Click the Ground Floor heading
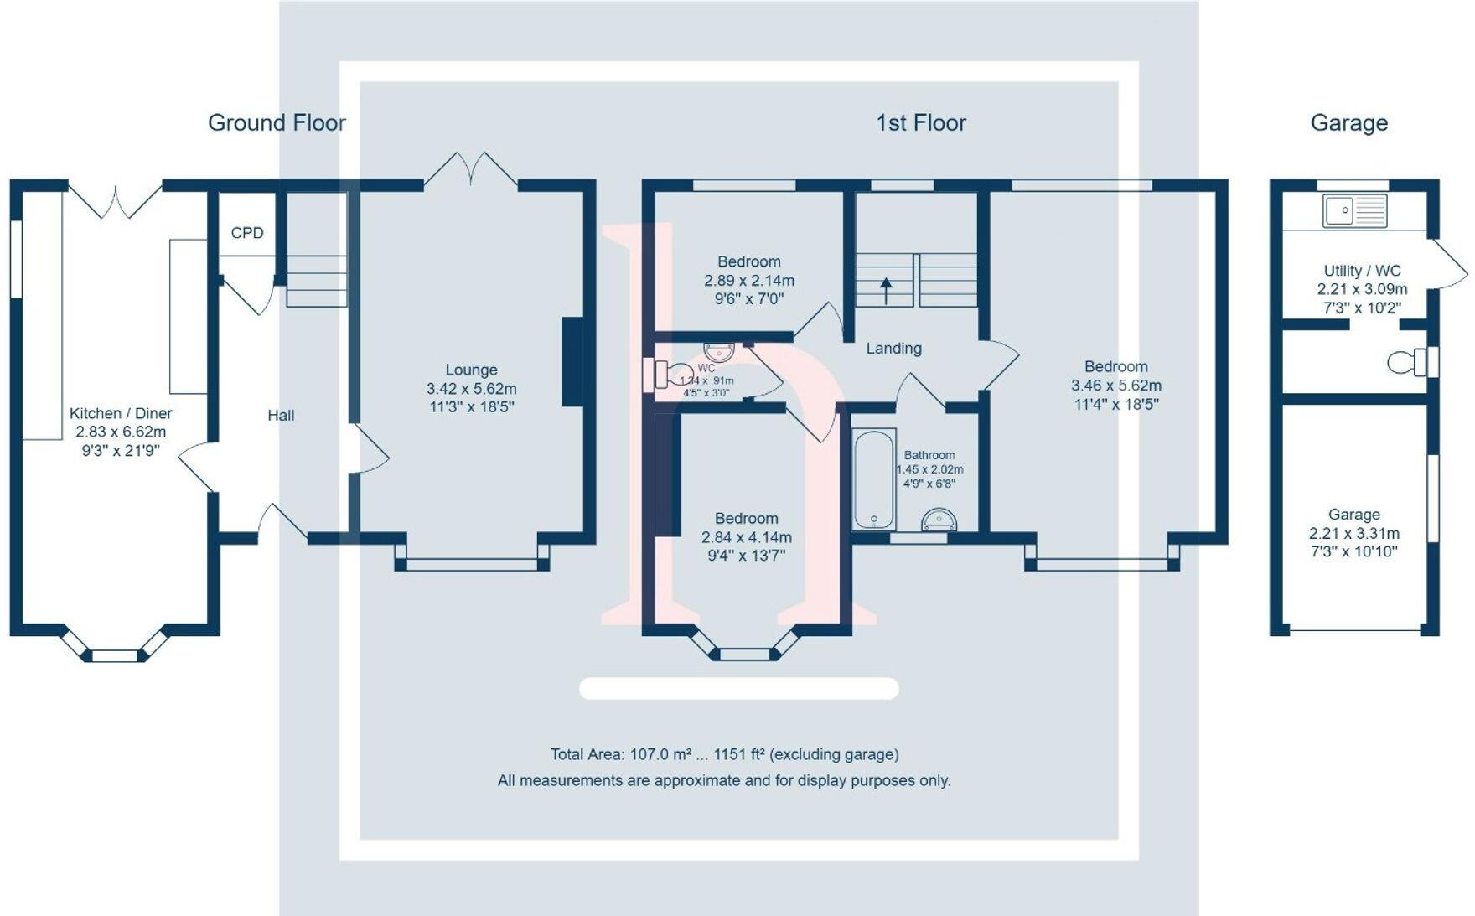(x=277, y=123)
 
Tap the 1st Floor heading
(x=921, y=123)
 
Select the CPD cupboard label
(x=247, y=233)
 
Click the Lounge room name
(x=471, y=370)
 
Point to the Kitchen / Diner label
(x=121, y=413)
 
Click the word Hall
(x=281, y=415)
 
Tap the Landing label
(x=893, y=348)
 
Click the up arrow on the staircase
(x=886, y=290)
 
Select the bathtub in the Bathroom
(x=873, y=479)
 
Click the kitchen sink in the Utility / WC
(x=1354, y=210)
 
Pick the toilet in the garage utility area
(x=1408, y=362)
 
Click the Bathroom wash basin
(x=939, y=520)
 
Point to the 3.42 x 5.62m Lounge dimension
(x=471, y=389)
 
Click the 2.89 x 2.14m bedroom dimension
(x=748, y=281)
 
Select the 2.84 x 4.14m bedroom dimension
(x=746, y=537)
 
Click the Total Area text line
(x=724, y=754)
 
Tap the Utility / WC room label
(x=1362, y=271)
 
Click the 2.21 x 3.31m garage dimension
(x=1353, y=533)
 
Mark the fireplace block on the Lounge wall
(x=572, y=362)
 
